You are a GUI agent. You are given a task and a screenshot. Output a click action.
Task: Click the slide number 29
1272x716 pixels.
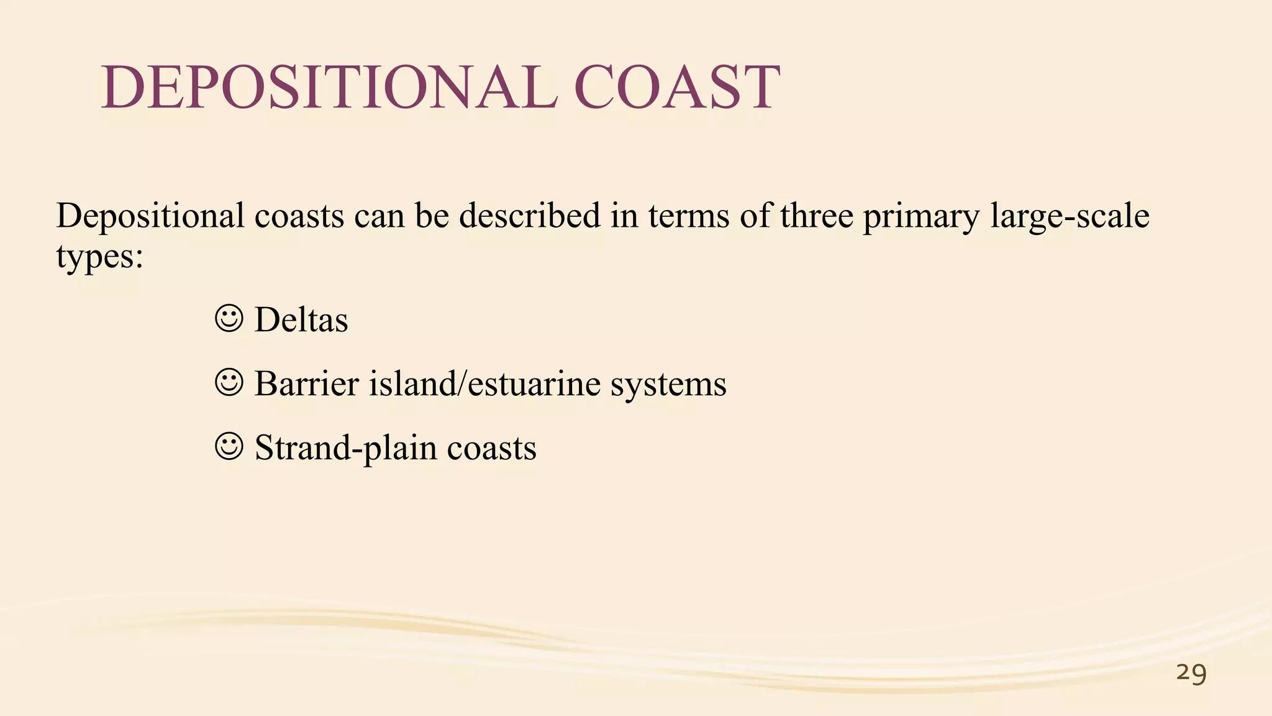(1191, 673)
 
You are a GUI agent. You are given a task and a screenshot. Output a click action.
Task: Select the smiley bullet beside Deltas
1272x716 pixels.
(229, 319)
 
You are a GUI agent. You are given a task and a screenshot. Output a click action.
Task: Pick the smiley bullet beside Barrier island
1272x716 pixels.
(229, 383)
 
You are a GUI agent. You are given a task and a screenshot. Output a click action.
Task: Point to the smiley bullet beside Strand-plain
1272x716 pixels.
(229, 447)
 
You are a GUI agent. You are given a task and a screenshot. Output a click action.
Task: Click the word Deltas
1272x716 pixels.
(301, 320)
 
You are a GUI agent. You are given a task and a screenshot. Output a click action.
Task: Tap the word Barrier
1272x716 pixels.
(307, 383)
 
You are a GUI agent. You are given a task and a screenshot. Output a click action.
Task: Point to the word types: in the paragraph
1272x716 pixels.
(99, 256)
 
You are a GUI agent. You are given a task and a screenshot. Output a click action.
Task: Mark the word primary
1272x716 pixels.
(921, 217)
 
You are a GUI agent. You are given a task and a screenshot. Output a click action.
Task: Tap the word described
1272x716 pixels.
(530, 216)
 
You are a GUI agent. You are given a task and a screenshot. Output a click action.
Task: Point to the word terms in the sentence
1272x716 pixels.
(689, 216)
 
